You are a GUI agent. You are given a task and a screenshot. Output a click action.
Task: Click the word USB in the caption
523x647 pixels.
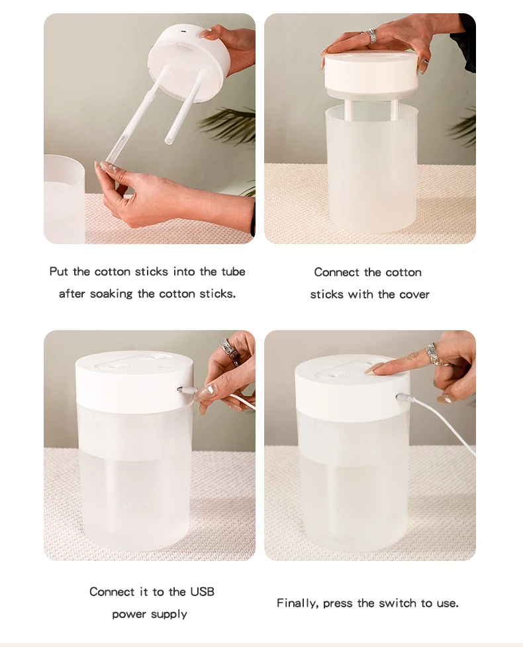pos(203,591)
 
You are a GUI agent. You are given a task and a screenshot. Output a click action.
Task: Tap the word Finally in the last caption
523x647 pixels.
pos(297,603)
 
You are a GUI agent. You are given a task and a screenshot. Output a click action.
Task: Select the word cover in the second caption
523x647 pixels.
pos(414,294)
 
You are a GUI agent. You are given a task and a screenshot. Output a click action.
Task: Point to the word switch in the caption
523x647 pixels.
pos(397,603)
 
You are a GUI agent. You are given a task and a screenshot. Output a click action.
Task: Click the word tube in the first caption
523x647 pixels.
pos(233,271)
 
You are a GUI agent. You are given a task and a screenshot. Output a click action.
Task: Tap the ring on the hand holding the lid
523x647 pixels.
pos(371,36)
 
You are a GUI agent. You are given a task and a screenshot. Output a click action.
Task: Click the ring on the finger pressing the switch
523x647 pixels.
pos(432,354)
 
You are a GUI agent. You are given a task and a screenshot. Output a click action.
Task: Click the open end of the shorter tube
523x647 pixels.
pos(169,141)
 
